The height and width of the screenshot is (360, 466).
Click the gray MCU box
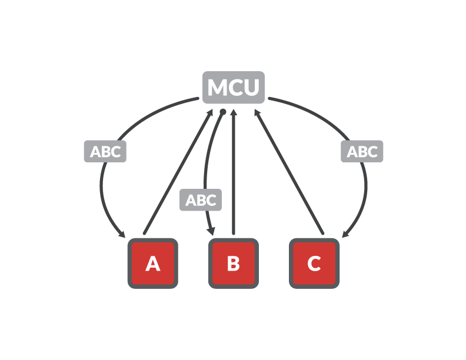[x=234, y=87]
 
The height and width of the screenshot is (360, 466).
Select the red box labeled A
[x=153, y=263]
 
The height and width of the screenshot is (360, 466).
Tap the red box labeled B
[x=234, y=263]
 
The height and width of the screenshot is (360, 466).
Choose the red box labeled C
[x=314, y=263]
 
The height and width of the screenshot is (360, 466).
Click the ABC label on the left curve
[x=105, y=152]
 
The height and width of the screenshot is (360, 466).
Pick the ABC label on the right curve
[x=362, y=152]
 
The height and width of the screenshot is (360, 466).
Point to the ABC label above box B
[x=201, y=200]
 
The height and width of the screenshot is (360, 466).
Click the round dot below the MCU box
[x=222, y=112]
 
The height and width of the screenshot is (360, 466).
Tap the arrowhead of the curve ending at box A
[x=122, y=234]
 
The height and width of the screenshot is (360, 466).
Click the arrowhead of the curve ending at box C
[x=345, y=234]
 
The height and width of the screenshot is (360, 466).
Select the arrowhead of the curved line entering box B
[x=212, y=231]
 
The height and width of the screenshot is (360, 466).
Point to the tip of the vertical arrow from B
[x=234, y=109]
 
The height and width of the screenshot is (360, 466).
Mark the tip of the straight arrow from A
[x=212, y=109]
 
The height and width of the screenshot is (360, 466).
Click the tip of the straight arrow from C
[x=255, y=109]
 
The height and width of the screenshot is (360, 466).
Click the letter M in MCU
[x=218, y=87]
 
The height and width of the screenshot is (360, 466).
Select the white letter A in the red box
[x=153, y=264]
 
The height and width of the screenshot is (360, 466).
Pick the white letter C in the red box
[x=314, y=264]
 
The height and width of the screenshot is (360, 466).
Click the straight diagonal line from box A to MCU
[x=178, y=171]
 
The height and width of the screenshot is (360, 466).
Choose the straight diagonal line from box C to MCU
[x=289, y=171]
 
